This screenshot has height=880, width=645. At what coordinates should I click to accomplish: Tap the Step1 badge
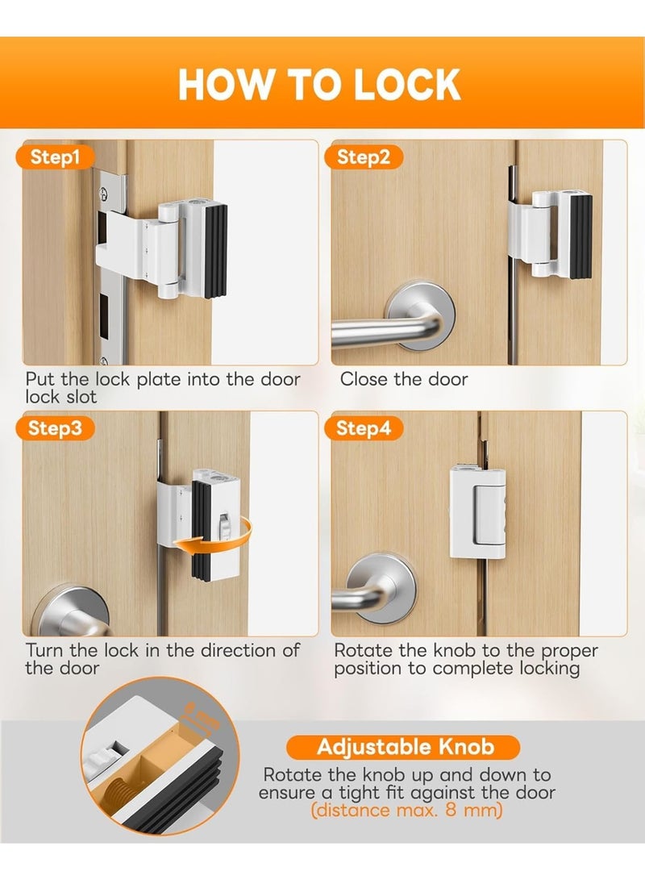[56, 157]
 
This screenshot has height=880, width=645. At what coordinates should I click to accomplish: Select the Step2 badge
[364, 157]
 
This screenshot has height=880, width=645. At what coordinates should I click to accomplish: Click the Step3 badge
[56, 428]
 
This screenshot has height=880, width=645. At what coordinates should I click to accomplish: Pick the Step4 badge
[364, 428]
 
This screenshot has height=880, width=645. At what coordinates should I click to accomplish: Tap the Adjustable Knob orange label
[406, 746]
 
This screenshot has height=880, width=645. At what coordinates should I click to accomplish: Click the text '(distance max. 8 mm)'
[406, 810]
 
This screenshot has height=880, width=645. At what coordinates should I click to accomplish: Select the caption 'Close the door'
[404, 379]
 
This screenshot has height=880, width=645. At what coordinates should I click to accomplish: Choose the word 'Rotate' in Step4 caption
[363, 650]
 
